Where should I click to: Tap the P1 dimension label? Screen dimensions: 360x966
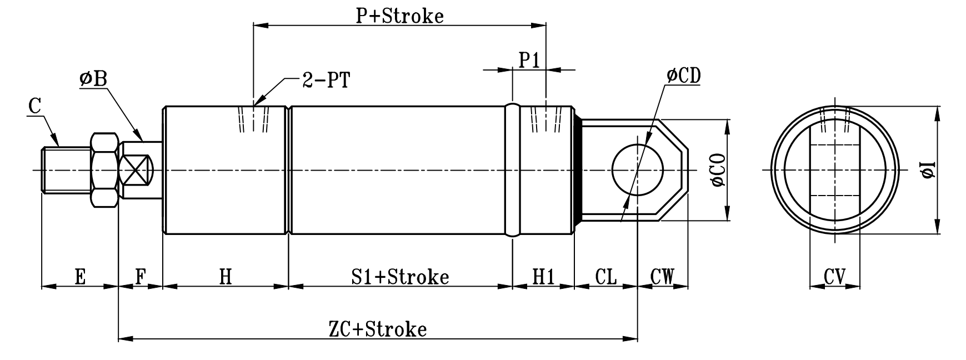pyautogui.click(x=529, y=60)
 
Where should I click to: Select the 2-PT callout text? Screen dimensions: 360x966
pyautogui.click(x=326, y=81)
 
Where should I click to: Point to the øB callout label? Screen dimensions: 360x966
pyautogui.click(x=93, y=79)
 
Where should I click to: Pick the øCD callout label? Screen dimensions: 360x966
pyautogui.click(x=683, y=76)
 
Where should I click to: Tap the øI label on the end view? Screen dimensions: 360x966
pyautogui.click(x=928, y=170)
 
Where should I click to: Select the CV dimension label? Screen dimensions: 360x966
pyautogui.click(x=834, y=276)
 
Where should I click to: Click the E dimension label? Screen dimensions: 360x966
pyautogui.click(x=80, y=276)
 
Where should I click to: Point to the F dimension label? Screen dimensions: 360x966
pyautogui.click(x=141, y=276)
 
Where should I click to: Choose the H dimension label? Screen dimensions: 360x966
pyautogui.click(x=225, y=276)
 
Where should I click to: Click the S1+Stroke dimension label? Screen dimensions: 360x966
pyautogui.click(x=400, y=276)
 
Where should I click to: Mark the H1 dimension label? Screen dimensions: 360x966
pyautogui.click(x=543, y=276)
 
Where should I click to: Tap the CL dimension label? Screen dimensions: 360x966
pyautogui.click(x=605, y=276)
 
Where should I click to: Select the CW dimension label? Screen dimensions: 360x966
pyautogui.click(x=662, y=276)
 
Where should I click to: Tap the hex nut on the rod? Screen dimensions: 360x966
pyautogui.click(x=104, y=170)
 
